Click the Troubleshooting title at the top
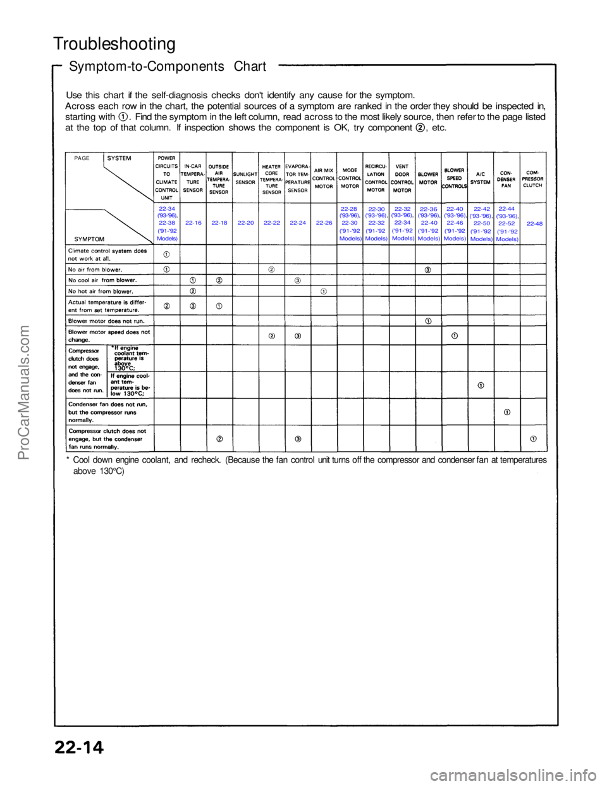coord(114,44)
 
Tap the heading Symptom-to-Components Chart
coord(167,66)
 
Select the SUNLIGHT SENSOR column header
coord(245,178)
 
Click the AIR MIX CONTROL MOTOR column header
coord(324,178)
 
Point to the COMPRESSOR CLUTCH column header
coord(532,178)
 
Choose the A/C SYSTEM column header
coord(481,178)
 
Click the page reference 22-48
coord(534,223)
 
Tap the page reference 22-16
coord(193,223)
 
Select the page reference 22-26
coord(324,223)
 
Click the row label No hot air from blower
coord(101,292)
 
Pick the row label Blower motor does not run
coord(107,321)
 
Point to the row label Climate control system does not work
coord(107,254)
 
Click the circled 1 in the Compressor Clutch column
coord(533,438)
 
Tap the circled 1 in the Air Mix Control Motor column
coord(324,291)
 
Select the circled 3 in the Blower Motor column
coord(428,270)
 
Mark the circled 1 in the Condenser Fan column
coord(507,412)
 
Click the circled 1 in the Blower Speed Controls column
coord(455,335)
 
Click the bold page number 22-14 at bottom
coord(79,747)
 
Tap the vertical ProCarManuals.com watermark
coord(25,392)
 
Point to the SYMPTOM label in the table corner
coord(89,239)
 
